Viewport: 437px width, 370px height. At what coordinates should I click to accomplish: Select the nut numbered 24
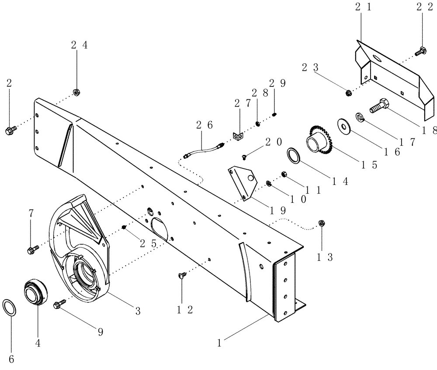(75, 91)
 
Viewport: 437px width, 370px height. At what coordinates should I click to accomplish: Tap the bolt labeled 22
(422, 51)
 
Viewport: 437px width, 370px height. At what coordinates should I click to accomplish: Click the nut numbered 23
(349, 92)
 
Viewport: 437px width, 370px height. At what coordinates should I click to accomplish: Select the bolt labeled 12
(181, 275)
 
